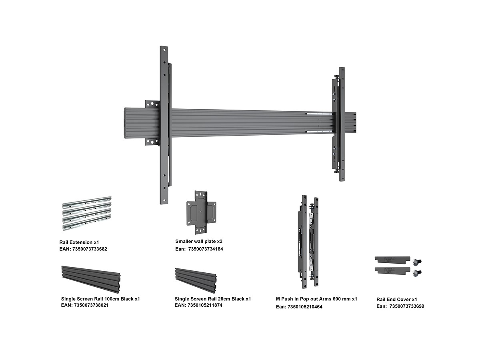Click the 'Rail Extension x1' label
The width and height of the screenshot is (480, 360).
click(79, 242)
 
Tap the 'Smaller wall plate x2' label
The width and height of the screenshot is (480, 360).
click(198, 241)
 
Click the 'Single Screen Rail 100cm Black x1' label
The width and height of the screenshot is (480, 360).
click(100, 299)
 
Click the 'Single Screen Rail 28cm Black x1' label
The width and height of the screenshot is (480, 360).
click(212, 299)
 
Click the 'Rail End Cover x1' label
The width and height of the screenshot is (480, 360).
click(397, 300)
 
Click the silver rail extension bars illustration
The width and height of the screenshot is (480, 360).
click(87, 213)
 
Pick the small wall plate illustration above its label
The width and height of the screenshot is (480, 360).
click(201, 212)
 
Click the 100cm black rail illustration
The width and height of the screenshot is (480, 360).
click(91, 280)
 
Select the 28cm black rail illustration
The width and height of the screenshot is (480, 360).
click(196, 281)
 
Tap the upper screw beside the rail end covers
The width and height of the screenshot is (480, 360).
click(417, 262)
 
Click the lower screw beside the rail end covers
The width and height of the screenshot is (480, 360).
click(417, 273)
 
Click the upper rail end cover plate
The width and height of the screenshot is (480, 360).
click(392, 260)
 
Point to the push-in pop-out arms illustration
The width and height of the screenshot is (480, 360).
click(308, 242)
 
